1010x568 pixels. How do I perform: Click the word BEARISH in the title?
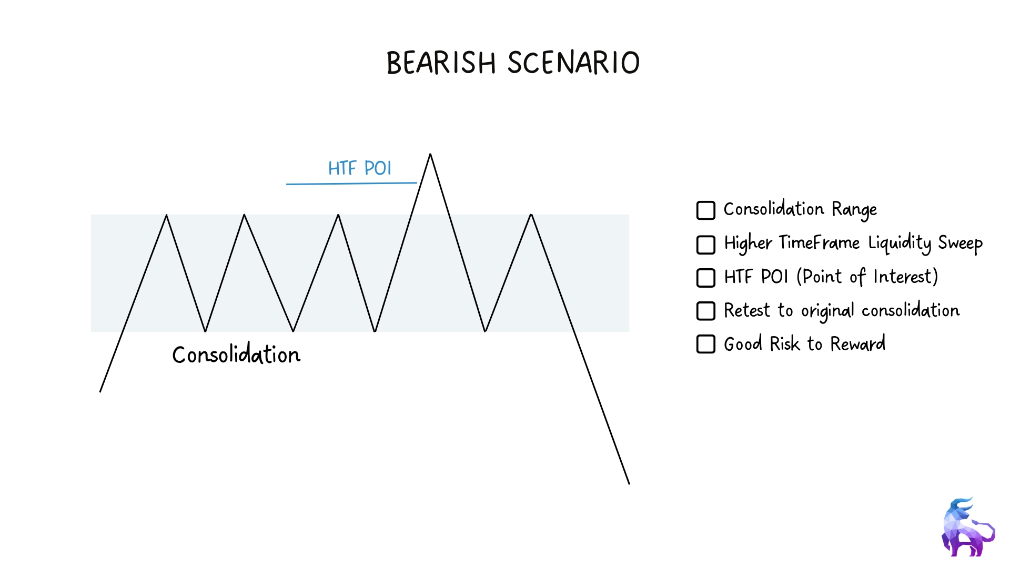(441, 63)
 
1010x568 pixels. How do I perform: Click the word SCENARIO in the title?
(574, 63)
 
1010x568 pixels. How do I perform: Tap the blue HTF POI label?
(360, 168)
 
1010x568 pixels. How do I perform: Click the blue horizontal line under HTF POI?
(351, 184)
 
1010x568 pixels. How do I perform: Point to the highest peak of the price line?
(430, 154)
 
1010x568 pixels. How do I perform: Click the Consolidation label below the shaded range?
(236, 354)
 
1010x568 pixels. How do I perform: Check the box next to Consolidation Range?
(706, 210)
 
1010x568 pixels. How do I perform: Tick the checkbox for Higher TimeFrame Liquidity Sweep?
(706, 245)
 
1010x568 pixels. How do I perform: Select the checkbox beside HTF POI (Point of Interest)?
(706, 278)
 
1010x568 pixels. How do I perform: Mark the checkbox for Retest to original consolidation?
(706, 311)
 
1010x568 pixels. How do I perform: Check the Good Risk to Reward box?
(706, 344)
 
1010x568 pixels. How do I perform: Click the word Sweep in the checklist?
(960, 244)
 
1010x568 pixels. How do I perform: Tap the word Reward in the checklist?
(858, 343)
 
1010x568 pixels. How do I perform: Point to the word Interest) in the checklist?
(906, 277)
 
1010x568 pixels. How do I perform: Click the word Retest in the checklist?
(747, 310)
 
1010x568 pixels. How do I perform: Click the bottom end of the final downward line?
(629, 484)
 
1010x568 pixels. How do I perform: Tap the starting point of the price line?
(100, 392)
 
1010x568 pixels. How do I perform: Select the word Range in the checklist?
(854, 210)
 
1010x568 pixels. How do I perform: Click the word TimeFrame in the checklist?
(819, 243)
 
